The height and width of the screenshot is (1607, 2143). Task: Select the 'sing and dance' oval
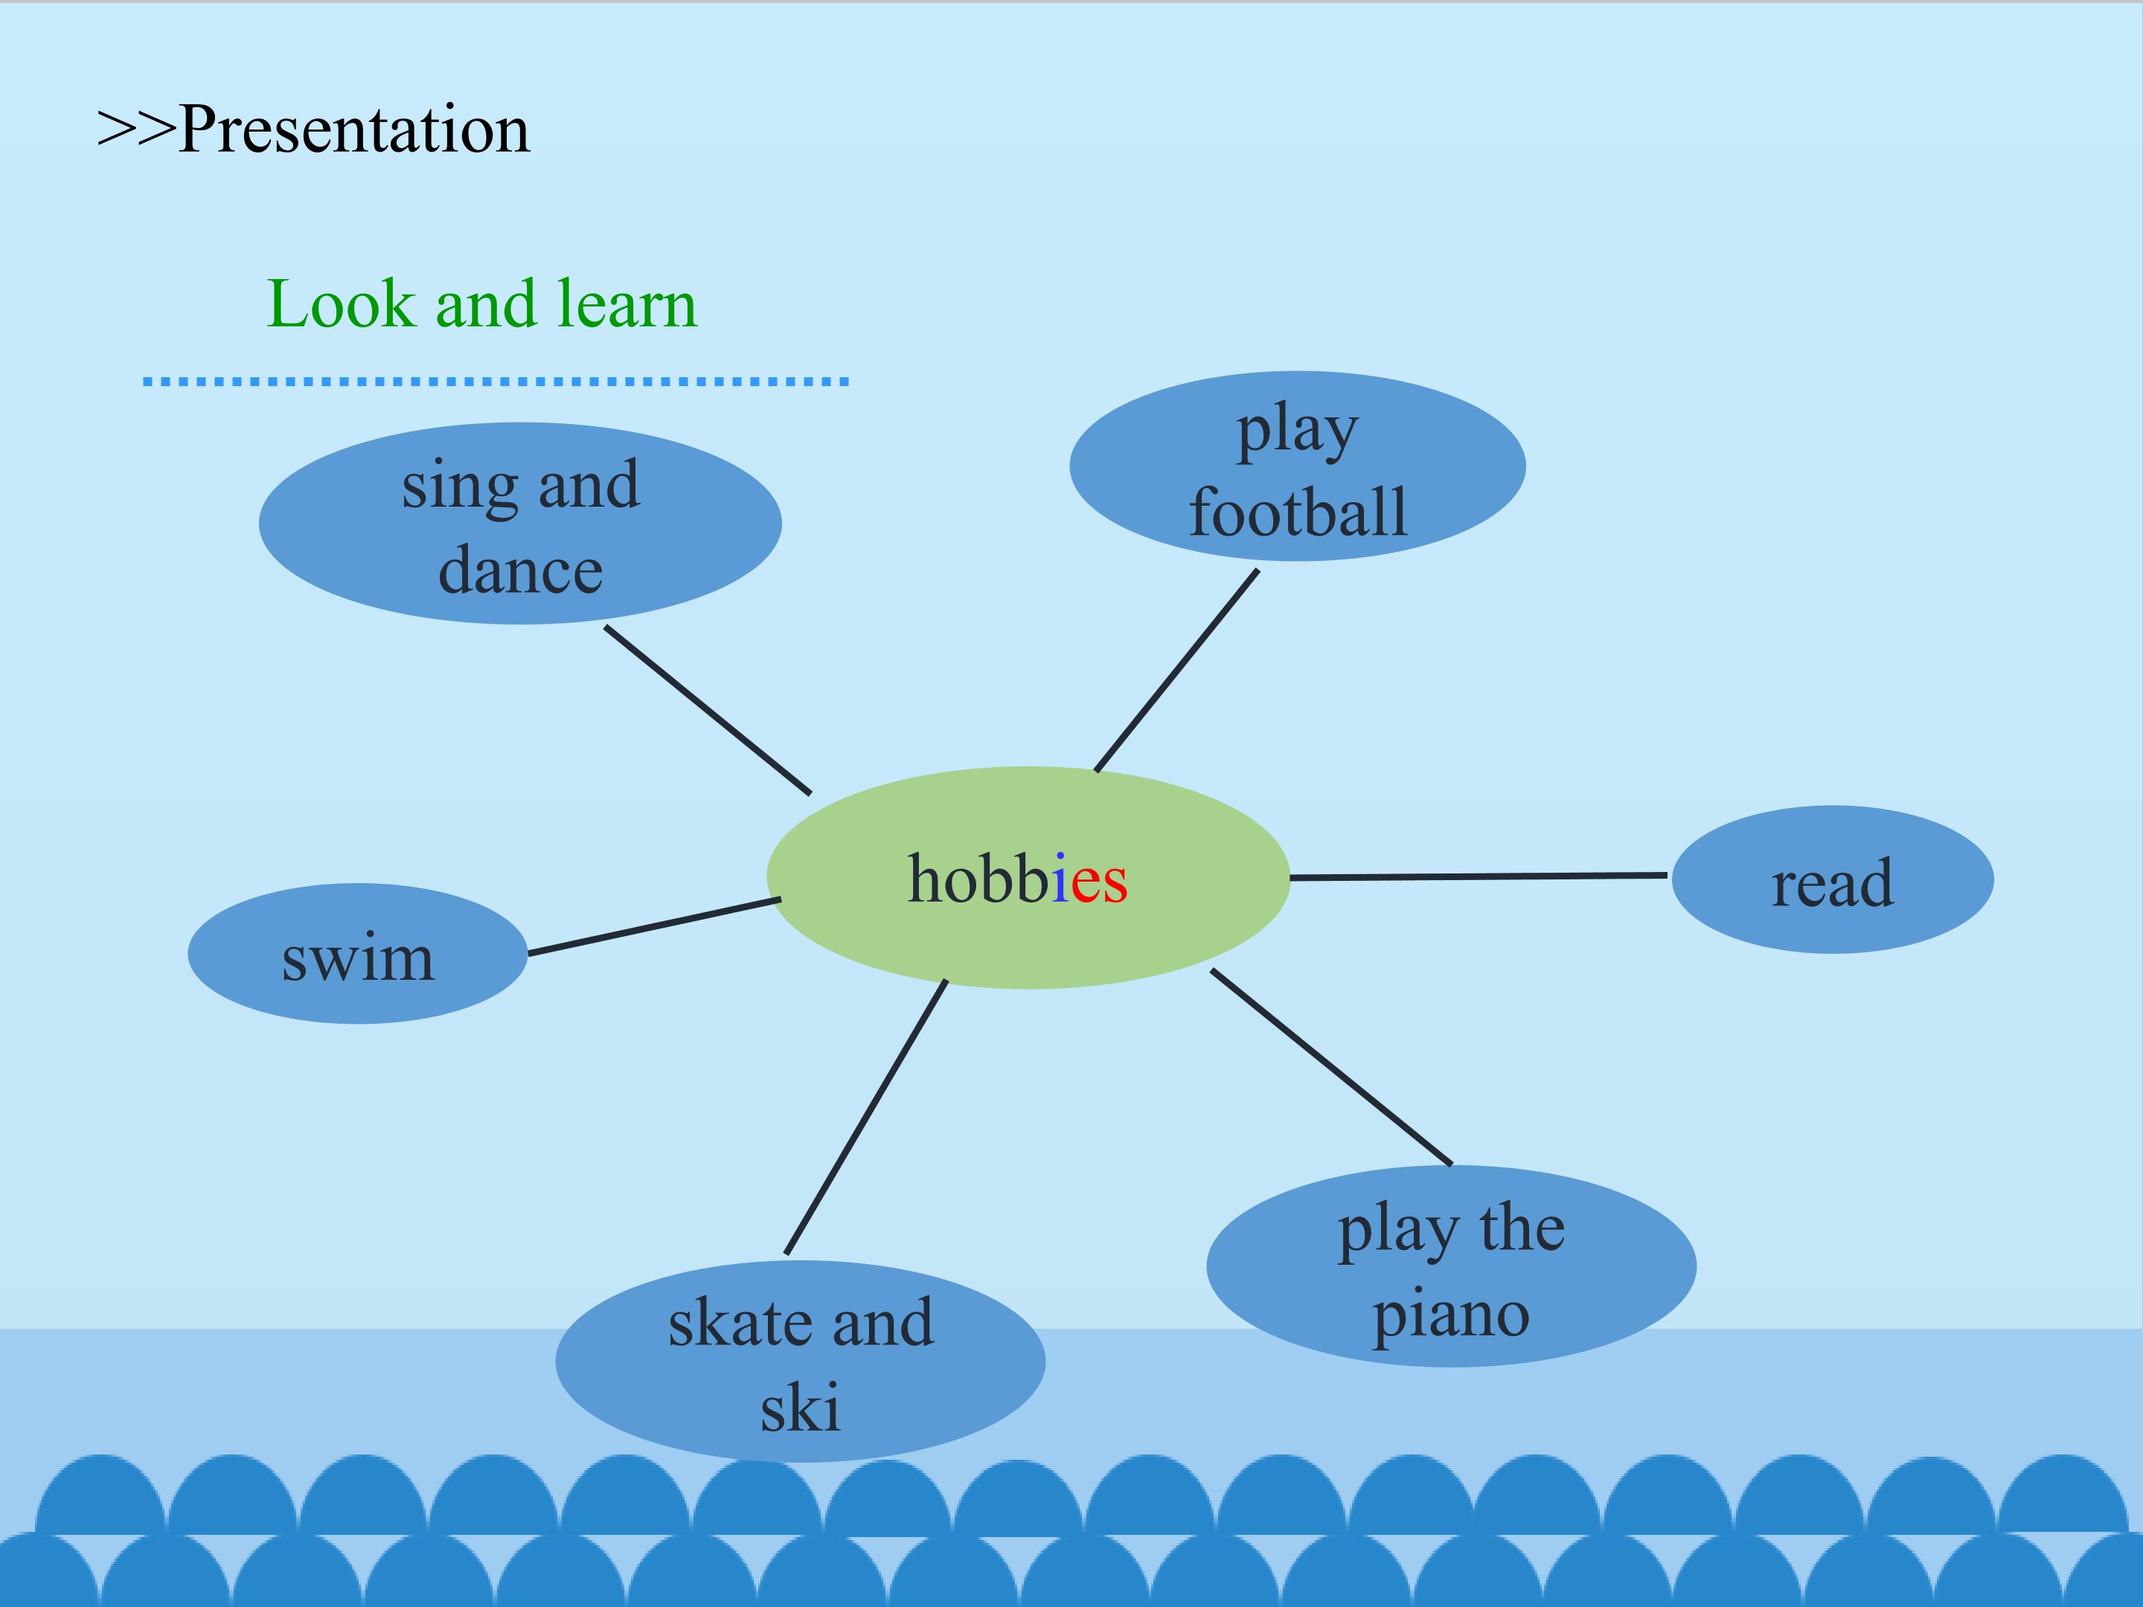(x=520, y=523)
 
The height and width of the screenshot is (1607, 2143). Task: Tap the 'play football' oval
(x=1297, y=466)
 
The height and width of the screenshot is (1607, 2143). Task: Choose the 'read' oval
(x=1832, y=879)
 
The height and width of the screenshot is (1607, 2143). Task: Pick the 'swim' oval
(x=357, y=954)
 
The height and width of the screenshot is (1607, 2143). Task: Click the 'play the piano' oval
(x=1450, y=1267)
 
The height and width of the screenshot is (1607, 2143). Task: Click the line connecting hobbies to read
(x=1479, y=876)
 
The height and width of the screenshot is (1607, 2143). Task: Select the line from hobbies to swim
(x=654, y=927)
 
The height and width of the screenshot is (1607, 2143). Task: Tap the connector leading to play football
(x=1177, y=670)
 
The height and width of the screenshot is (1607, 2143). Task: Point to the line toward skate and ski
(x=866, y=1117)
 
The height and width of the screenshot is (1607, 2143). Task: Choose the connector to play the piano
(x=1331, y=1066)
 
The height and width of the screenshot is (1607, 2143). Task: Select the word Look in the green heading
(x=340, y=304)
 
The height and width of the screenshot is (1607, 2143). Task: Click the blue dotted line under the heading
(x=496, y=382)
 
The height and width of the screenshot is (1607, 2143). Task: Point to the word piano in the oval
(x=1450, y=1315)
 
